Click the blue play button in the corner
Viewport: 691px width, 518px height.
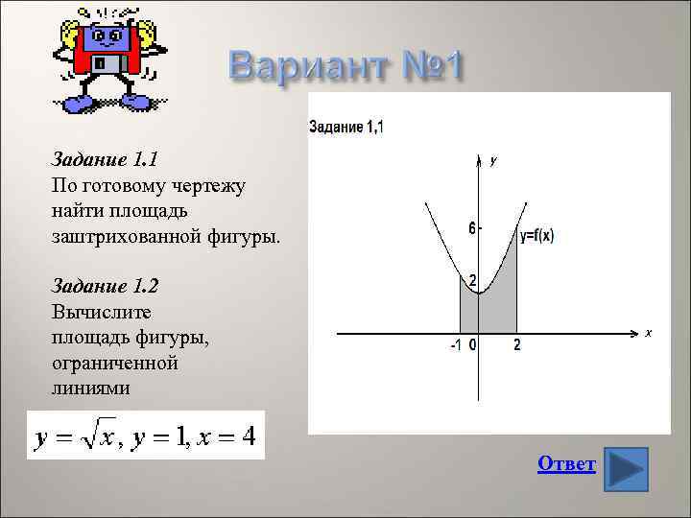[627, 469]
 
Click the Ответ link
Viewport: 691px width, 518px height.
[566, 464]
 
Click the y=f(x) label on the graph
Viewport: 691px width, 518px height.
[536, 236]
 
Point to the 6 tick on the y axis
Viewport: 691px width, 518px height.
[472, 228]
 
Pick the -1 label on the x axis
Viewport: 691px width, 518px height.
[457, 345]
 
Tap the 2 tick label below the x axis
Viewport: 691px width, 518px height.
[517, 345]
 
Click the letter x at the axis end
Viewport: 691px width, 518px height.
[648, 332]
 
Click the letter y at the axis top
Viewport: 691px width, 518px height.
[492, 160]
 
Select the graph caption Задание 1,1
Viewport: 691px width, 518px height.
[345, 127]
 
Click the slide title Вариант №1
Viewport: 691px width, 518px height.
[346, 66]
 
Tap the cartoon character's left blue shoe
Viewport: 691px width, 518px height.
[76, 104]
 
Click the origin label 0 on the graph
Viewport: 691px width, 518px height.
[473, 345]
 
